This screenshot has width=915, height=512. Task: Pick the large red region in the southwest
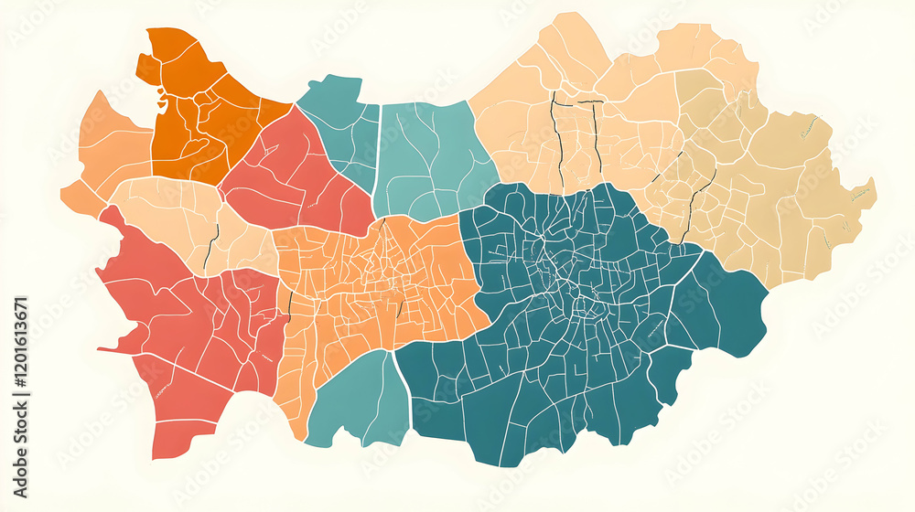(192, 347)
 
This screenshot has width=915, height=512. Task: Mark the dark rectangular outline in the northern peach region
(575, 137)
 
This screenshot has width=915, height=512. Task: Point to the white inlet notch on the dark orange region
(162, 99)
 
